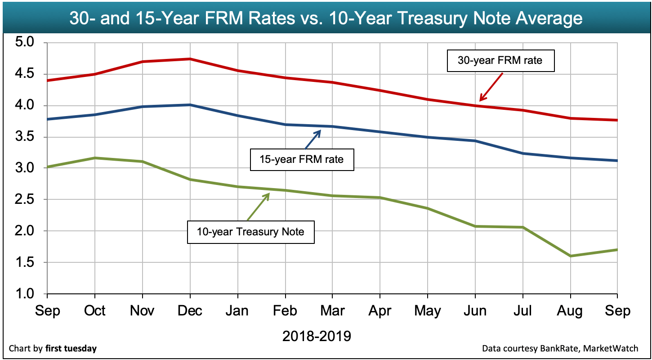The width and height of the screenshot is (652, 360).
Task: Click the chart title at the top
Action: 326,18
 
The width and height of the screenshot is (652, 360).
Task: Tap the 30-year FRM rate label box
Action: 500,61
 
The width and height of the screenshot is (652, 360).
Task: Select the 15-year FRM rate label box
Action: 302,159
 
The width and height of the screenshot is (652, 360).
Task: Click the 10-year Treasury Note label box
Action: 250,232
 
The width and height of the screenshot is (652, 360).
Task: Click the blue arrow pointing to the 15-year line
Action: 313,139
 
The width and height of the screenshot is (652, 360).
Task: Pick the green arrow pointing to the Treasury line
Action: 257,207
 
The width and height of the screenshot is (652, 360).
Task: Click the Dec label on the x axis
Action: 190,311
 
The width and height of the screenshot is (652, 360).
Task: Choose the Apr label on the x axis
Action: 380,311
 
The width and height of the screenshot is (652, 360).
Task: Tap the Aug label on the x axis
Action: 570,311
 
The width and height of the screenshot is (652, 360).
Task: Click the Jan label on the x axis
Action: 237,311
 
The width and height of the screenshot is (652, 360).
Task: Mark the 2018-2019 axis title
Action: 317,336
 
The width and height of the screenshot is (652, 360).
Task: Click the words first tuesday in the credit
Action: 71,348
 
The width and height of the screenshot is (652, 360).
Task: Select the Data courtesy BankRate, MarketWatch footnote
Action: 560,348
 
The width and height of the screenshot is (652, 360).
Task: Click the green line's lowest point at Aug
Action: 570,256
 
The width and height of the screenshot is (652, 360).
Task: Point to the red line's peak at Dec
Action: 190,59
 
